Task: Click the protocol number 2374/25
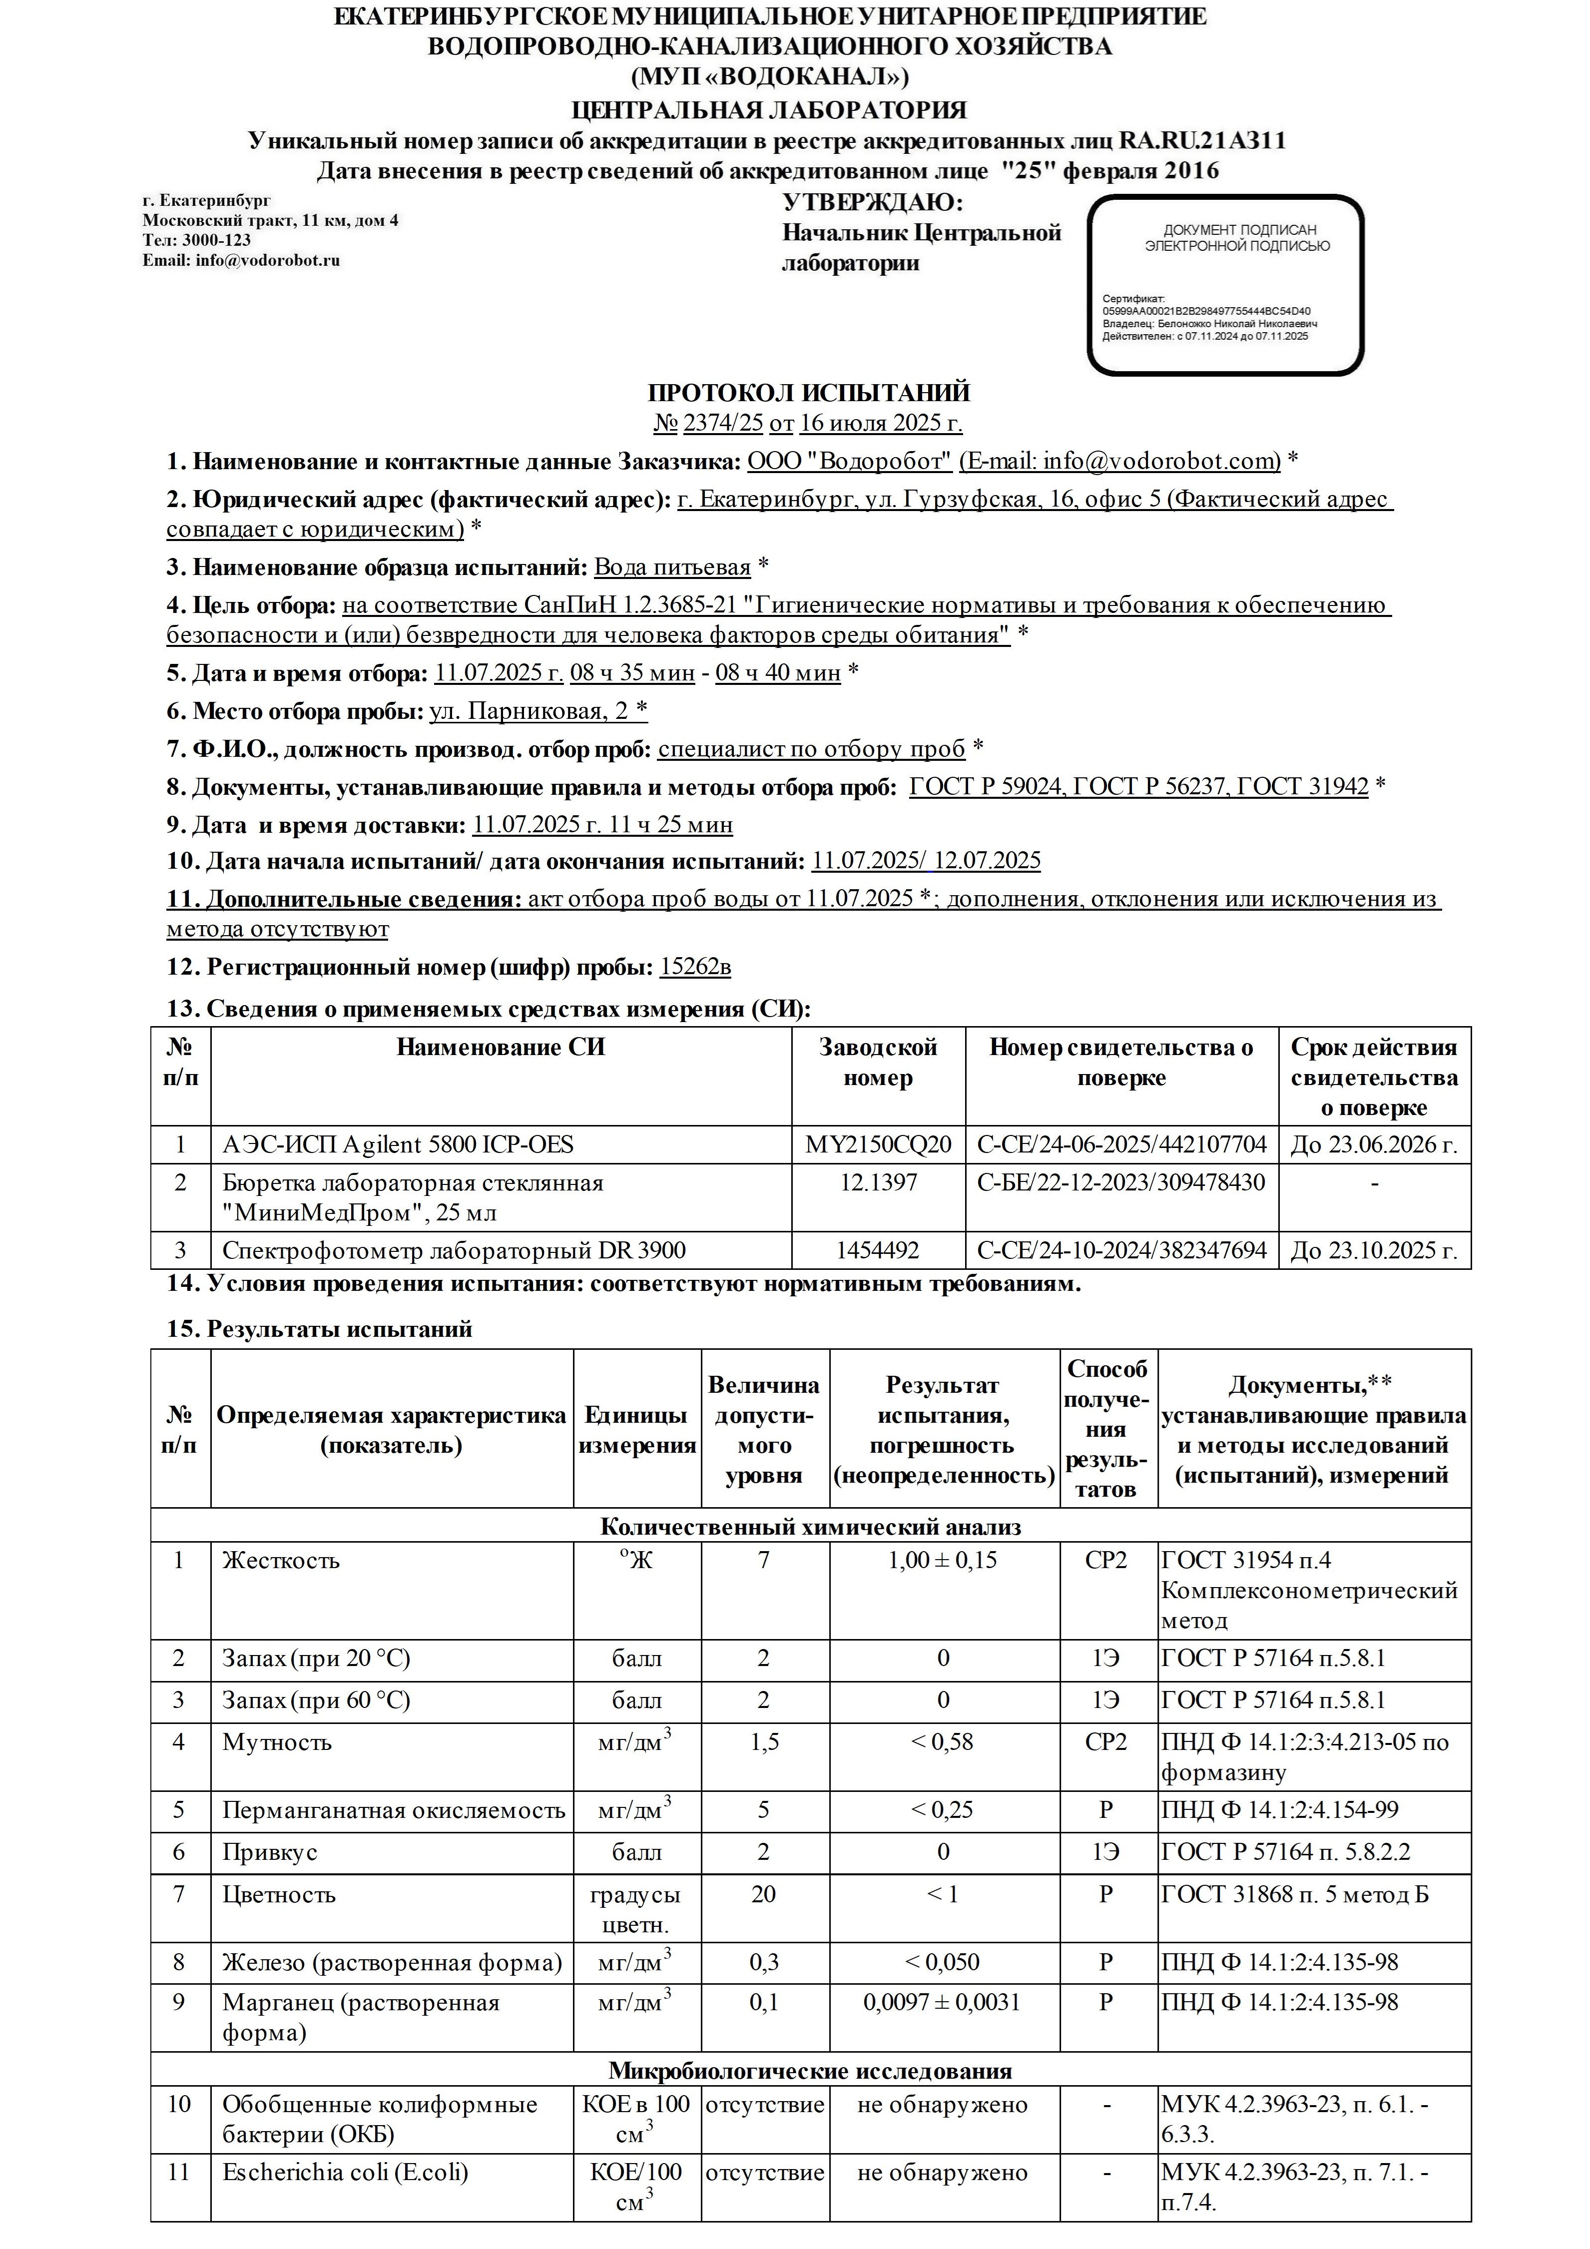coord(723,424)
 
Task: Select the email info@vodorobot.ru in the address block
coord(241,261)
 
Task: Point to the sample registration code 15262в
coord(695,968)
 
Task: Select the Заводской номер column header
coord(878,1063)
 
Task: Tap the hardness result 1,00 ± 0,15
coord(943,1561)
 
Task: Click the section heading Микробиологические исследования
coord(810,2071)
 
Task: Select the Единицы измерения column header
coord(637,1430)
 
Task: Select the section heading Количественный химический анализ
coord(810,1526)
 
